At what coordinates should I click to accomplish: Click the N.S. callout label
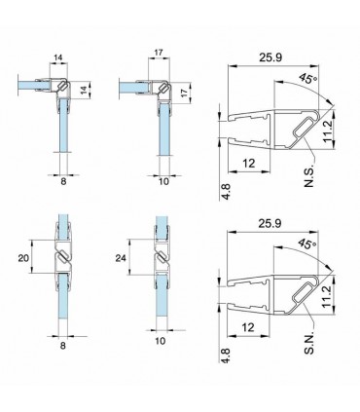click(309, 177)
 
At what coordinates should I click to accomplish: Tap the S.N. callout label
click(309, 343)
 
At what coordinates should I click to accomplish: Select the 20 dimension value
click(23, 258)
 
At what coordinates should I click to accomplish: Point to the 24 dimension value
click(121, 258)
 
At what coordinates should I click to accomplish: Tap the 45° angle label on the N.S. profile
click(306, 79)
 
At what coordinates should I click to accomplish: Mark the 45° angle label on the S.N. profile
click(306, 243)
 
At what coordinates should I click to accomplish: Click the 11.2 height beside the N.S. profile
click(328, 131)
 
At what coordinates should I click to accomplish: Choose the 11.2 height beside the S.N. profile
click(328, 296)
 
